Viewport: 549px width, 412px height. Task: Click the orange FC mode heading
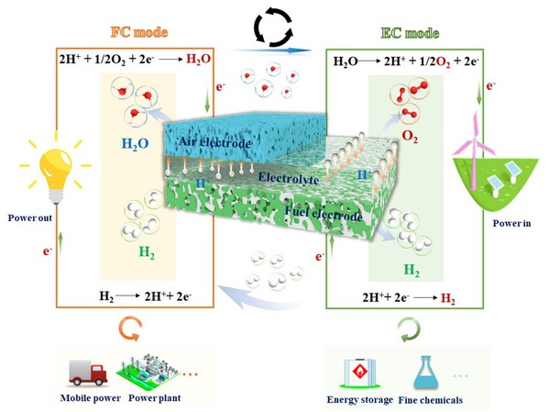click(x=139, y=32)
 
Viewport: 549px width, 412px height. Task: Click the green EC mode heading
click(x=410, y=33)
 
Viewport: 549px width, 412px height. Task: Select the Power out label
click(x=29, y=218)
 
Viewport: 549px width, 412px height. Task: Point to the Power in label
click(x=511, y=223)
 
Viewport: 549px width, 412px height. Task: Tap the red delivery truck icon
click(x=88, y=373)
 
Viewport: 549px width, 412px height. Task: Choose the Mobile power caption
click(x=91, y=398)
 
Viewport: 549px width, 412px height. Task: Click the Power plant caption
click(x=154, y=398)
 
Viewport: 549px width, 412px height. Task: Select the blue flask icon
click(x=426, y=373)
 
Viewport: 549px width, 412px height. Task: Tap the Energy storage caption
click(x=360, y=400)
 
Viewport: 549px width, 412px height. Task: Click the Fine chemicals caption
click(x=431, y=400)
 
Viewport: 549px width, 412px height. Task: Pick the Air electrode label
click(x=215, y=142)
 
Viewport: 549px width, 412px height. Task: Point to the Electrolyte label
click(x=289, y=178)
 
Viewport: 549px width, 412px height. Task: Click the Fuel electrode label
click(x=324, y=214)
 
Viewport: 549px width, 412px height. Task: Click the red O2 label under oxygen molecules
click(x=410, y=137)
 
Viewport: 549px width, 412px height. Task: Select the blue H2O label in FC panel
click(x=135, y=144)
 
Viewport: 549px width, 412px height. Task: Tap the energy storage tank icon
click(x=359, y=373)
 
